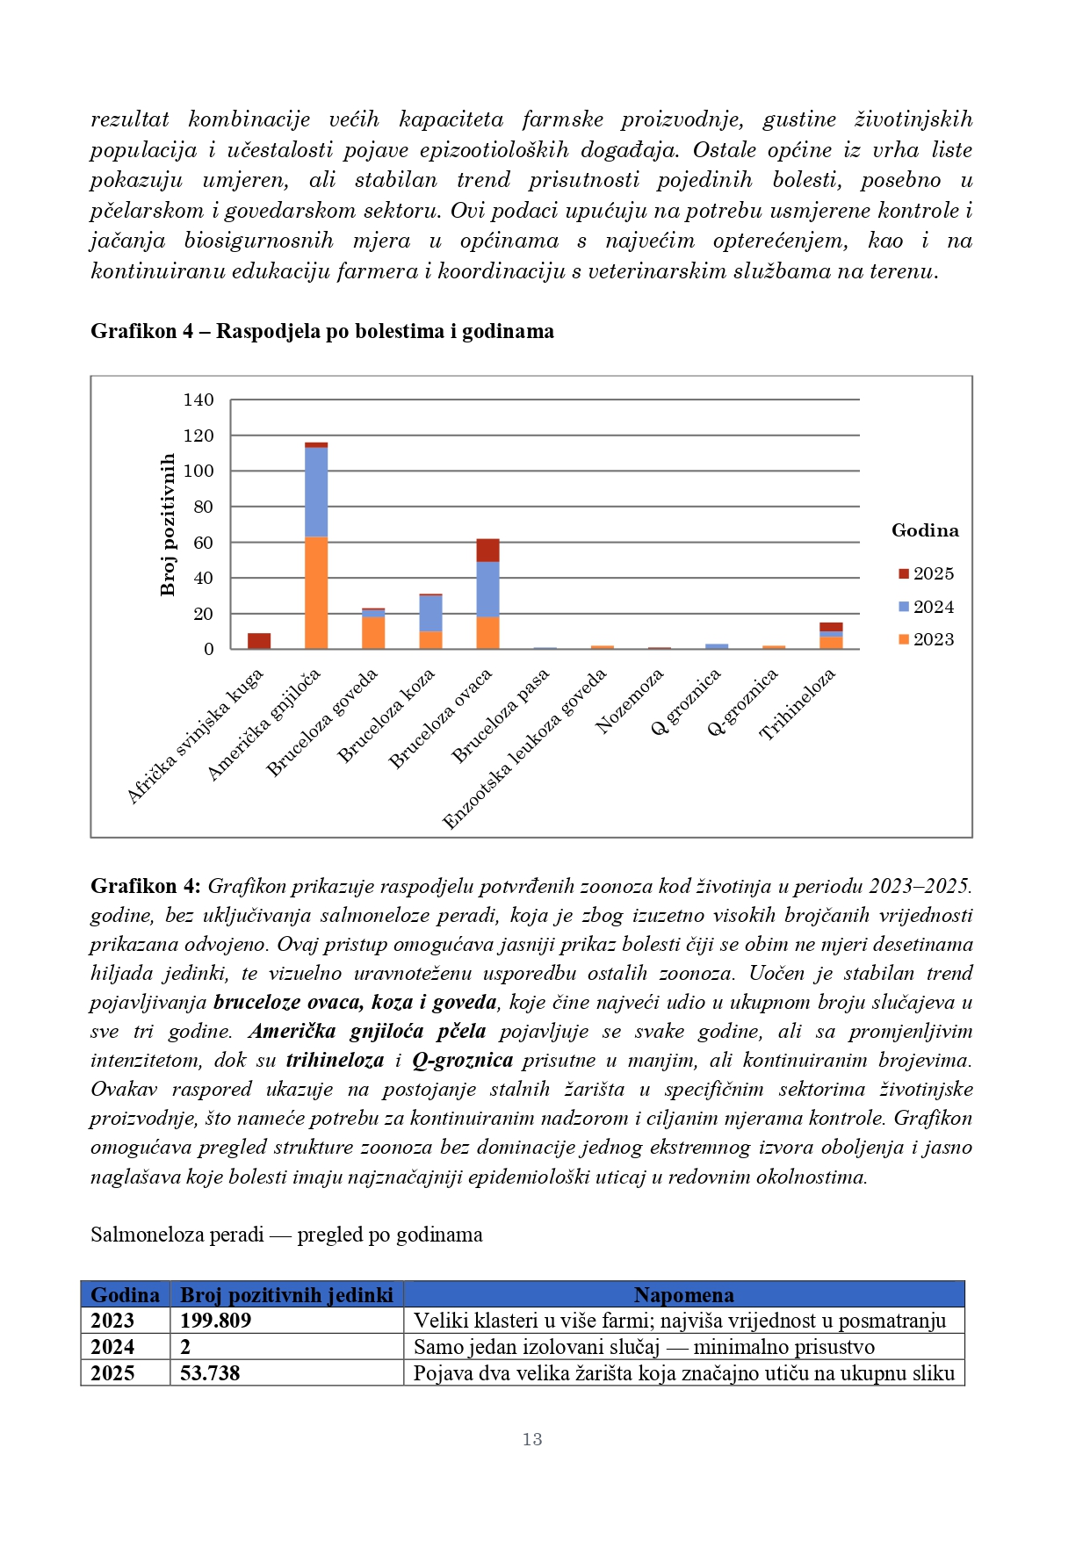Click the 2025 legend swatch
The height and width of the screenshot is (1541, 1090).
pyautogui.click(x=903, y=573)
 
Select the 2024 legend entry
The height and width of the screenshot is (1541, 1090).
pyautogui.click(x=926, y=607)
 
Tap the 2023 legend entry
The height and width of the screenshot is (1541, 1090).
pyautogui.click(x=926, y=639)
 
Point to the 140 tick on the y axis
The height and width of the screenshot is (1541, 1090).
pyautogui.click(x=199, y=400)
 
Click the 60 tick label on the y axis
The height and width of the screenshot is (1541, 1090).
pyautogui.click(x=203, y=543)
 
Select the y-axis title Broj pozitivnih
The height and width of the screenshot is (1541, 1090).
pyautogui.click(x=168, y=524)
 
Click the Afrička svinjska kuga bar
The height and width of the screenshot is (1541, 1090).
pyautogui.click(x=259, y=641)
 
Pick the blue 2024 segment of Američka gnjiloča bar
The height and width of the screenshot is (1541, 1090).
pyautogui.click(x=316, y=492)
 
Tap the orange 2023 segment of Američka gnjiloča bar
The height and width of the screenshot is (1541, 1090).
pyautogui.click(x=316, y=593)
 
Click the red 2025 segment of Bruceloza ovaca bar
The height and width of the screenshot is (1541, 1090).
pyautogui.click(x=487, y=550)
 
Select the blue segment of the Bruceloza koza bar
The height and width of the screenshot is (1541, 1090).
pyautogui.click(x=430, y=613)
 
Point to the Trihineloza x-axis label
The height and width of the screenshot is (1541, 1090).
pyautogui.click(x=798, y=704)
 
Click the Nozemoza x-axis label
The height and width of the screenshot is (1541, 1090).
pyautogui.click(x=629, y=701)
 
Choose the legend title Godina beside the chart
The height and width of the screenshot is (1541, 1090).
pyautogui.click(x=925, y=530)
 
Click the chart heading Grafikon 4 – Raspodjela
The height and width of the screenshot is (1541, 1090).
pyautogui.click(x=322, y=331)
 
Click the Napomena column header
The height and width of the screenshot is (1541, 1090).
pyautogui.click(x=683, y=1294)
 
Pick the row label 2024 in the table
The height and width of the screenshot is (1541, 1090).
pyautogui.click(x=112, y=1347)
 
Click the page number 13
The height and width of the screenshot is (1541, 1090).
pyautogui.click(x=532, y=1439)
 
